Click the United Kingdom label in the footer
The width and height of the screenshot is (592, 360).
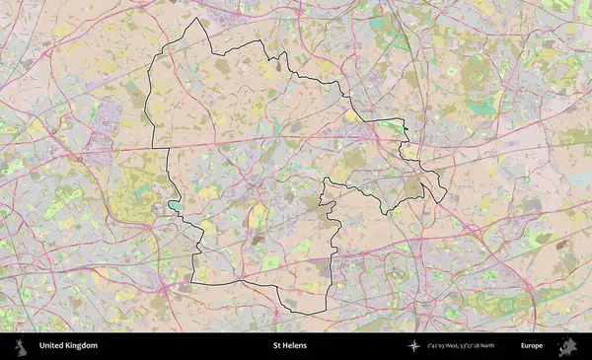(68, 346)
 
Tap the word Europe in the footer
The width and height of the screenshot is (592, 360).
(532, 346)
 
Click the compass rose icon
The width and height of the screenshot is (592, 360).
(414, 346)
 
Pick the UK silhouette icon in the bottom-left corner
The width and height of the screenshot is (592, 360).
(22, 346)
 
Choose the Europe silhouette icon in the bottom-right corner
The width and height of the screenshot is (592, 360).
(567, 346)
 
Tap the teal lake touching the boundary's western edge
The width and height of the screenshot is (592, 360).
(175, 206)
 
